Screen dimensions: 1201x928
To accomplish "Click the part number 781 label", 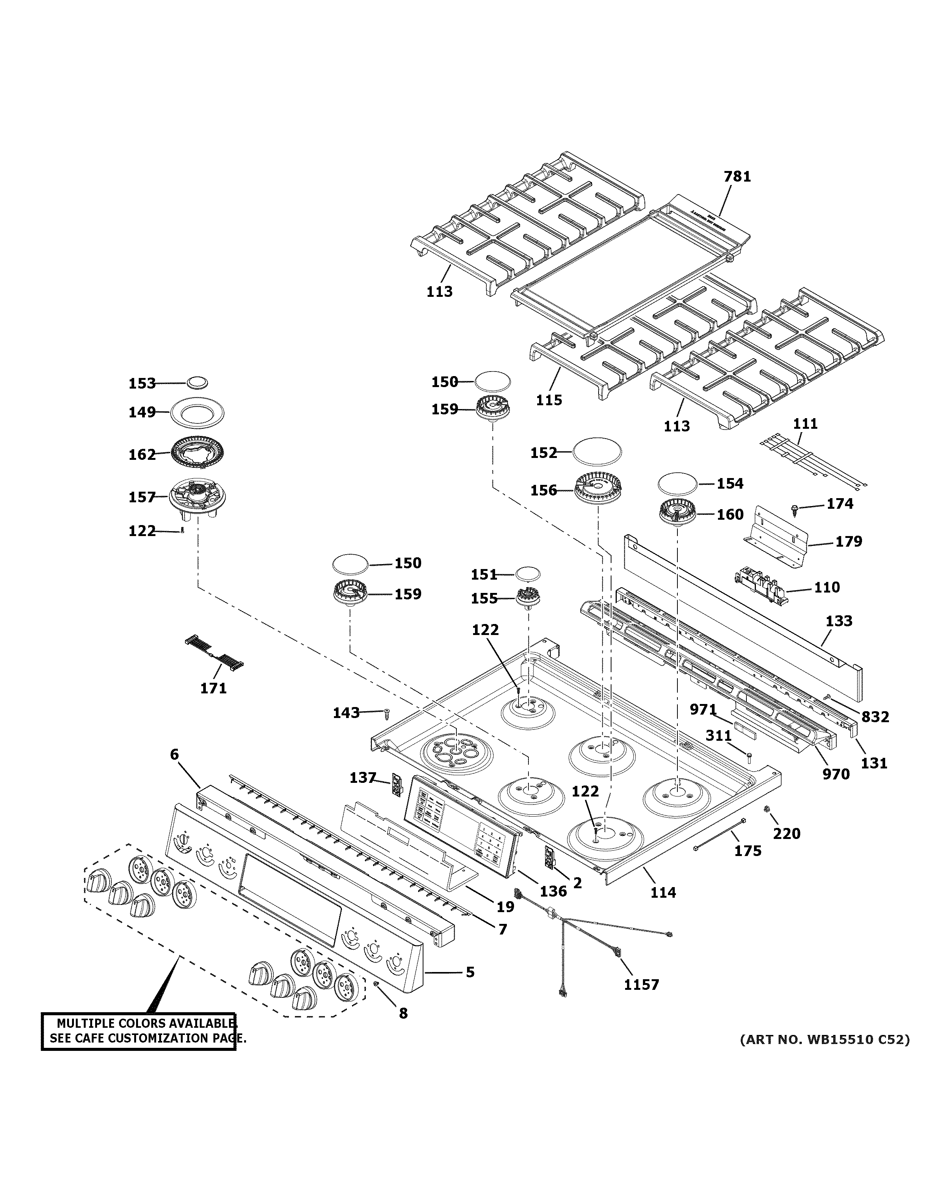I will click(737, 177).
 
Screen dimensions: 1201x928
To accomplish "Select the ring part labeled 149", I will click(197, 412).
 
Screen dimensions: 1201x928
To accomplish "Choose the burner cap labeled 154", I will click(679, 484).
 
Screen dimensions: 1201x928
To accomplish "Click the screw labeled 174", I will click(795, 509).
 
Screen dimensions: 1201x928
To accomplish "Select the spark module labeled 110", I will click(762, 585).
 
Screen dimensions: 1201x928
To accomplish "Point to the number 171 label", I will click(213, 688).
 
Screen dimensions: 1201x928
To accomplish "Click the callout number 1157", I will click(641, 984).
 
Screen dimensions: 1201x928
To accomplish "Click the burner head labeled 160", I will click(678, 514).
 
